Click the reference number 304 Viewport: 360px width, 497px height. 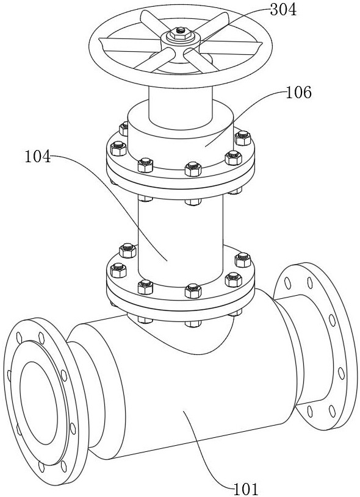click(x=283, y=10)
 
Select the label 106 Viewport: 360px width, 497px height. click(x=299, y=93)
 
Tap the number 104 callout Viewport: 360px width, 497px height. click(x=38, y=156)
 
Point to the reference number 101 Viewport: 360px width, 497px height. click(x=246, y=489)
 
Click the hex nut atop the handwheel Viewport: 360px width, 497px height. click(x=180, y=33)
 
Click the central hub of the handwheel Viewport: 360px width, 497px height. click(x=180, y=43)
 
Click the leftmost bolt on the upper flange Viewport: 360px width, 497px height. click(x=118, y=148)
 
